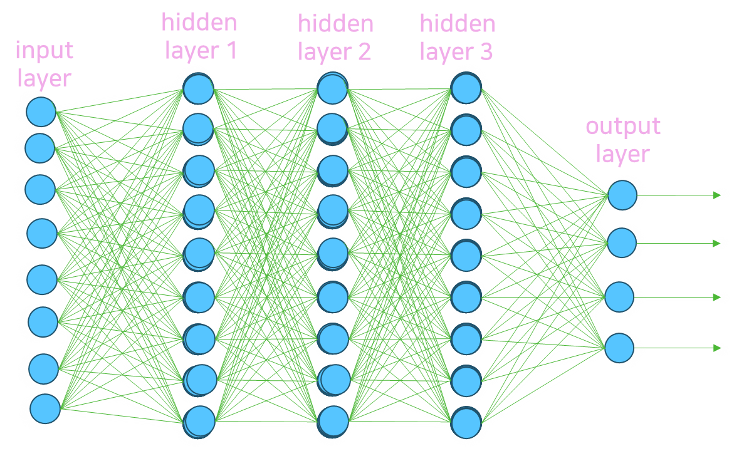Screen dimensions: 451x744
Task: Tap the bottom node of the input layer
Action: point(45,408)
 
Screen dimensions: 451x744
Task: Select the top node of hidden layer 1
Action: point(199,88)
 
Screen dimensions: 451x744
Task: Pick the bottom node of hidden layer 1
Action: point(199,420)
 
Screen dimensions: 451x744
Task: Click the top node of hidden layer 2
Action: point(332,88)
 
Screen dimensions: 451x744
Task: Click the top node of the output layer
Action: point(622,195)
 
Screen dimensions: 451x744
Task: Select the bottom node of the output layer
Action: point(619,348)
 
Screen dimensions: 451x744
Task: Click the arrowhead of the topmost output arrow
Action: point(717,195)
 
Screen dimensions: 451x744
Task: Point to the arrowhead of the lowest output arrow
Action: point(717,348)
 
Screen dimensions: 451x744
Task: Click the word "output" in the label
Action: point(623,127)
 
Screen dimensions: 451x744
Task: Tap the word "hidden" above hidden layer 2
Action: point(335,25)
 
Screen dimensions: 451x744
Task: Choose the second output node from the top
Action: point(622,242)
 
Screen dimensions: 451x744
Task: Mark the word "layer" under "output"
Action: point(622,154)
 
